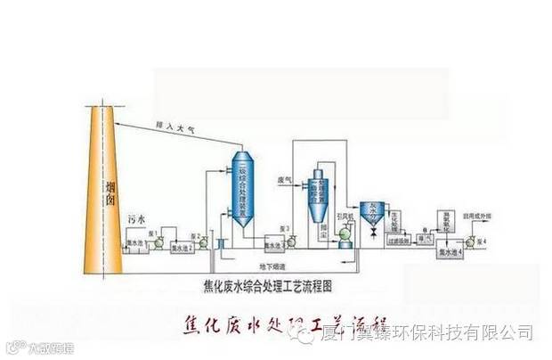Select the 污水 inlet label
coord(137,217)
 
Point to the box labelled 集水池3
coord(274,241)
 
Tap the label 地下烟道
coord(272,266)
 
